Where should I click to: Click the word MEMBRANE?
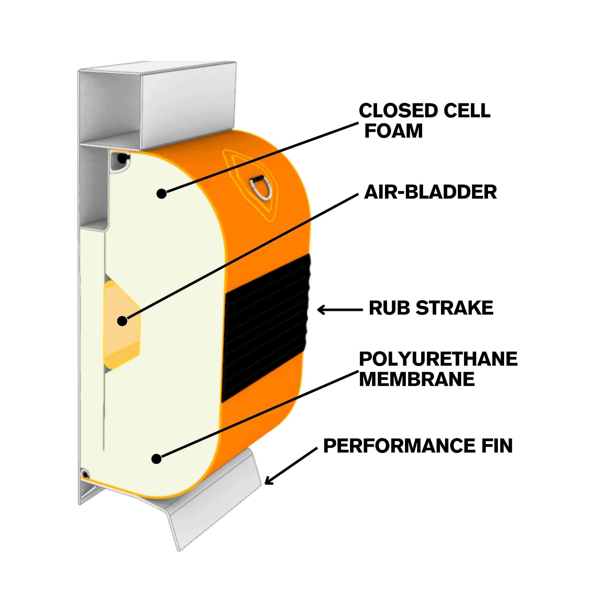point(417,379)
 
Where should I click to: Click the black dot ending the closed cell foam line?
point(162,193)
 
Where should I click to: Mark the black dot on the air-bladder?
point(122,321)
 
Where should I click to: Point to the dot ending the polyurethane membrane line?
point(157,459)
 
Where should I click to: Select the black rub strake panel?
point(265,328)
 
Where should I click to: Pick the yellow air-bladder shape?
point(122,325)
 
